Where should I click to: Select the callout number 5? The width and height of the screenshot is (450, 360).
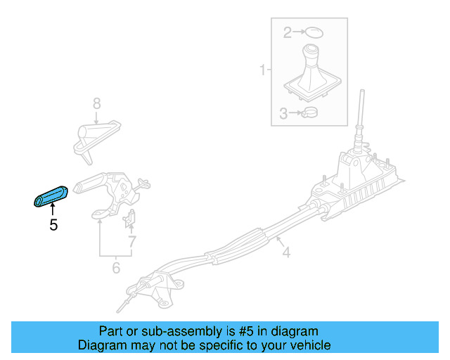point(53,226)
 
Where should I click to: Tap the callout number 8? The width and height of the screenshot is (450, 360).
point(97,105)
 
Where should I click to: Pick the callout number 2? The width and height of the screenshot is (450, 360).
point(287,32)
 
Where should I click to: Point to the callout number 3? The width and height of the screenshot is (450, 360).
point(283,112)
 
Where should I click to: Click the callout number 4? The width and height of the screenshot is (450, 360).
point(285,250)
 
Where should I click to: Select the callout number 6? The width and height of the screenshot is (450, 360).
point(116,267)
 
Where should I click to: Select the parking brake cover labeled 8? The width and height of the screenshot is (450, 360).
point(96,136)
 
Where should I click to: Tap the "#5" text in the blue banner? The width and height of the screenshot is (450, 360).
point(238,331)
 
